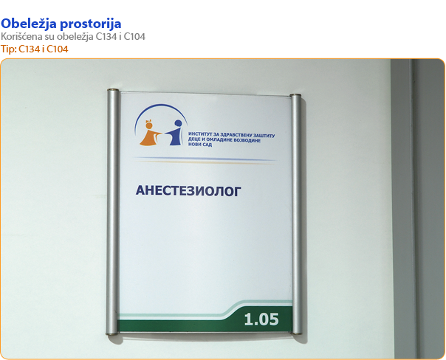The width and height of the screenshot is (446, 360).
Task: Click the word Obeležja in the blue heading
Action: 29,24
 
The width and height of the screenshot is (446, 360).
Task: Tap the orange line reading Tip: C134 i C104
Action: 35,49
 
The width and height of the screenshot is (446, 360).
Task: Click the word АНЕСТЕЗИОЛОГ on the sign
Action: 188,191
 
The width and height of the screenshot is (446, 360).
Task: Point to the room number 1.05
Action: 261,319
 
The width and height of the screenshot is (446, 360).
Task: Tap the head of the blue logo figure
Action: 179,123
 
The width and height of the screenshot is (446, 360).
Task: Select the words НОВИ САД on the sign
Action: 200,145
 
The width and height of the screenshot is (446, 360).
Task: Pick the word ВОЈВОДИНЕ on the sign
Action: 247,140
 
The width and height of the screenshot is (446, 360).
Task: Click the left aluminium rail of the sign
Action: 113,212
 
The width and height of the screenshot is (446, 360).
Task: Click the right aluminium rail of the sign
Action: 296,214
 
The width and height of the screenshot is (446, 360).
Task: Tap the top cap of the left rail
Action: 113,90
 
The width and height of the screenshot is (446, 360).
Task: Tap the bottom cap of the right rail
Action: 297,332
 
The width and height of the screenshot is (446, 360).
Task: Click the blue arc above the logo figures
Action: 161,105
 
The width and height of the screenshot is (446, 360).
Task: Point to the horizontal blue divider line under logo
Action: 205,159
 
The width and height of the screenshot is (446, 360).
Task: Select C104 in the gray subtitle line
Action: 134,37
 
